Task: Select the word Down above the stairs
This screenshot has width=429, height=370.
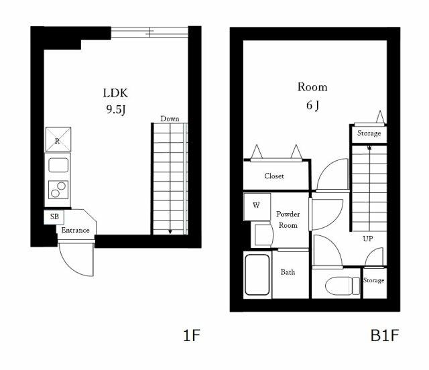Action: (x=170, y=119)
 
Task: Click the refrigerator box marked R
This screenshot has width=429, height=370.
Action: (x=58, y=141)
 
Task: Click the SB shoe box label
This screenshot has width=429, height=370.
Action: (x=54, y=217)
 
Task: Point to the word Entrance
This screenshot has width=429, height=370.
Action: (x=76, y=231)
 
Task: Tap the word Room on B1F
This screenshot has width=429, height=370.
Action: (x=312, y=87)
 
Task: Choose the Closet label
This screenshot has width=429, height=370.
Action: (x=273, y=176)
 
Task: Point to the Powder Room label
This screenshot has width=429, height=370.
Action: (x=288, y=219)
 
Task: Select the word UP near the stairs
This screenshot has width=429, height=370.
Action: (x=368, y=239)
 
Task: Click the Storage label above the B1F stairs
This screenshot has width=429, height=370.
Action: (x=369, y=133)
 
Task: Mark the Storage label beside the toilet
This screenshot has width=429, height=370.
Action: (x=374, y=280)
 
